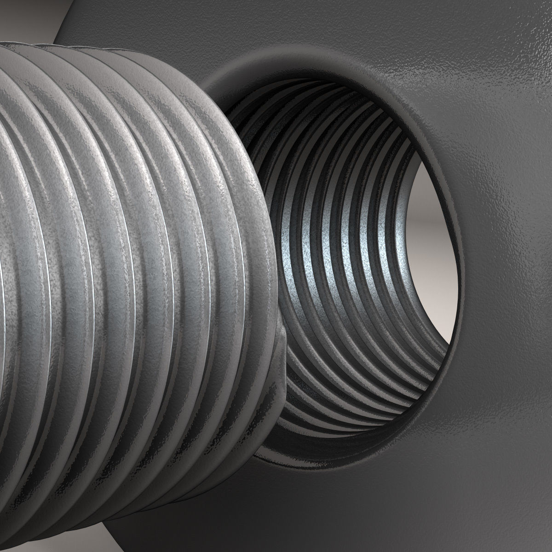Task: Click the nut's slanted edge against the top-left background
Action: point(57,32)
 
